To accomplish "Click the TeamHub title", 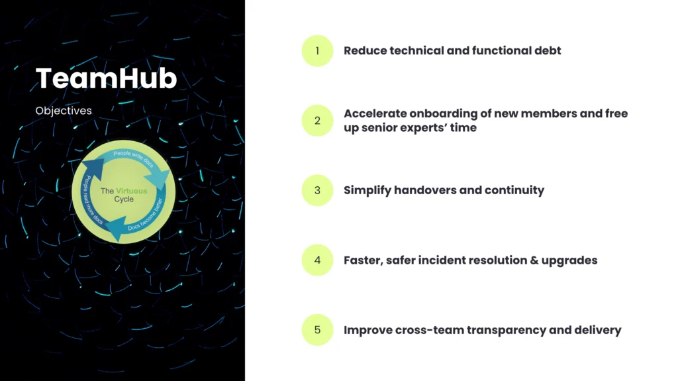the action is click(106, 78).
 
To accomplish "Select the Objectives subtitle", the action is click(64, 111).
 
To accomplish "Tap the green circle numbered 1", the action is click(317, 50).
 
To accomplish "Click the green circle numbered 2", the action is click(317, 121).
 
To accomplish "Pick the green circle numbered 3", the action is click(317, 191).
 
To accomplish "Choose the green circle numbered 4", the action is click(317, 260).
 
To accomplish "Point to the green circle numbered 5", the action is click(317, 330).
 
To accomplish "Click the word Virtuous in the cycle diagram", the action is click(132, 191).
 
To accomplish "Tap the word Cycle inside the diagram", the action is click(124, 199).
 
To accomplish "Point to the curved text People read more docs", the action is click(91, 200).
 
